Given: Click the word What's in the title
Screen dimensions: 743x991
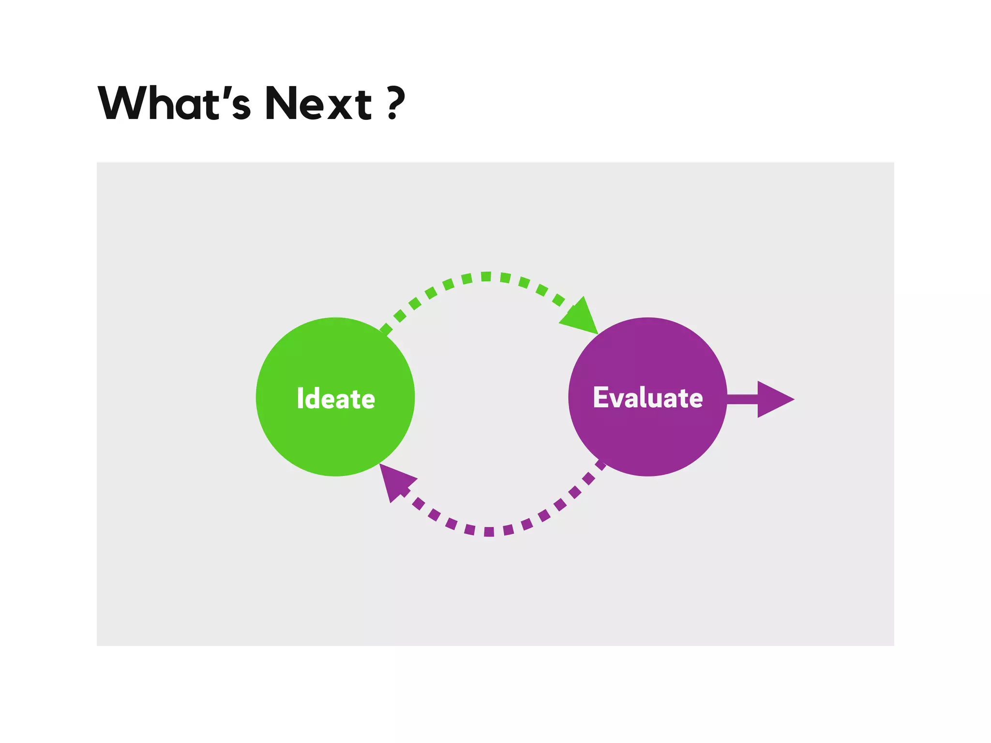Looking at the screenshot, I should click(174, 103).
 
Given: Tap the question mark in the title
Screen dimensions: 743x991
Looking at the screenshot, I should click(396, 103).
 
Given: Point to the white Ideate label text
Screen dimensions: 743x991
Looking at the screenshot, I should click(336, 399).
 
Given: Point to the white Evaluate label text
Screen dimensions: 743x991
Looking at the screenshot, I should click(647, 398).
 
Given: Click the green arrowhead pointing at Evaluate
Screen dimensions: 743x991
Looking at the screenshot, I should click(582, 317).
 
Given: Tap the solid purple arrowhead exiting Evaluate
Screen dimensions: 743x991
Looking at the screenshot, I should click(772, 399).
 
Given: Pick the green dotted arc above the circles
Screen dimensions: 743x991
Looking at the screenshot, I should click(486, 277).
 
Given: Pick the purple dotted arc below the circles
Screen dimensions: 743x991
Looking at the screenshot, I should click(489, 532).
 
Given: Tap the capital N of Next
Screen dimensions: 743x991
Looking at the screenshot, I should click(283, 103).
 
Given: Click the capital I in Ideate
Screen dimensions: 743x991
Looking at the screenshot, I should click(300, 399).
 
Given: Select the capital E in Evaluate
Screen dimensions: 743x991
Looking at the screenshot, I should click(600, 398).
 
